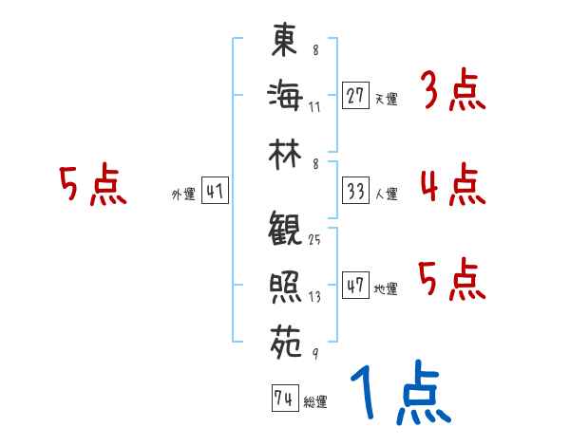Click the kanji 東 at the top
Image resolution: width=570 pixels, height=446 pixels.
click(x=284, y=40)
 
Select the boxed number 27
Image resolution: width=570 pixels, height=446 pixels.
click(x=355, y=96)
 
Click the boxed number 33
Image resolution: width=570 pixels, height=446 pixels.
click(x=355, y=191)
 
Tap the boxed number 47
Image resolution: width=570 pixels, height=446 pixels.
click(x=355, y=286)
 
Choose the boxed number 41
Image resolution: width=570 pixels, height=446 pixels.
click(x=215, y=192)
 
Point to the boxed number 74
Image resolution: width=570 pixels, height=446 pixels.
click(x=283, y=400)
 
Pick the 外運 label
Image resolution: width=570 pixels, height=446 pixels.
click(x=182, y=195)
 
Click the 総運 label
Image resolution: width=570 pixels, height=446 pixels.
click(x=314, y=402)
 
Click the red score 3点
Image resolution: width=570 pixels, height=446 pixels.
click(x=452, y=92)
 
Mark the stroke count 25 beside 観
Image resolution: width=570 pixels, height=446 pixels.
click(x=314, y=239)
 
